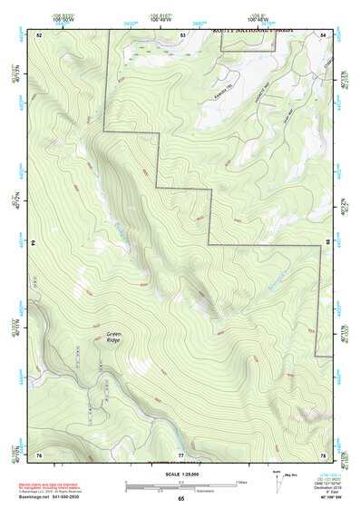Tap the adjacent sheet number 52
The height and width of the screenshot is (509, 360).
40,34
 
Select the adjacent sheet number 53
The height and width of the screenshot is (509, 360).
182,34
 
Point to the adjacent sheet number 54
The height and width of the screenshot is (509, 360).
323,34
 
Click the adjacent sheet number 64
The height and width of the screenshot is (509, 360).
35,243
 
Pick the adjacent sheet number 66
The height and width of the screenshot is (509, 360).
327,243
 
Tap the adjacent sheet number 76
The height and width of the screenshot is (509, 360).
40,454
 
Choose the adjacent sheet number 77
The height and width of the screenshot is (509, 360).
181,454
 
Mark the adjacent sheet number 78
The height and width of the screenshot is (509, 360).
323,454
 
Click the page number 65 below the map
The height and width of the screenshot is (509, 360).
181,498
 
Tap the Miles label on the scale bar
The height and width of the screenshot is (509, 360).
241,481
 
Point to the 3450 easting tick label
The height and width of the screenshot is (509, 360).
131,22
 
